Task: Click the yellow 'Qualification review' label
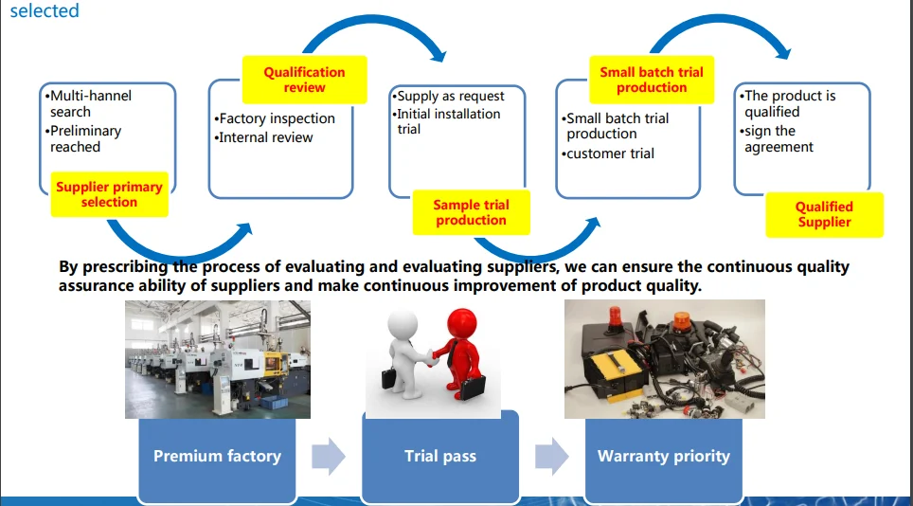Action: coord(305,80)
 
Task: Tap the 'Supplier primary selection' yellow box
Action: coord(110,194)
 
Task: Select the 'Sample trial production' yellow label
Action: coord(471,212)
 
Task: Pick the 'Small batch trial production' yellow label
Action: coord(652,80)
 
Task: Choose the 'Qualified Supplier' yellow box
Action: coord(825,215)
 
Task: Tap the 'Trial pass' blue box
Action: coord(440,457)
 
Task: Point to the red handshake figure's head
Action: coord(462,324)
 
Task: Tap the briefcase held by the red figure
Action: coord(473,389)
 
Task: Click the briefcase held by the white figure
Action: coord(389,378)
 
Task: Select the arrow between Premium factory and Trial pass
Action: coord(329,456)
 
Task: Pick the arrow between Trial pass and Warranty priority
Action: coord(552,456)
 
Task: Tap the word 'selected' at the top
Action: coord(45,10)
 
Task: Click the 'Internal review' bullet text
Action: coord(265,137)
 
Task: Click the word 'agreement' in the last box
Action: coord(779,148)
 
